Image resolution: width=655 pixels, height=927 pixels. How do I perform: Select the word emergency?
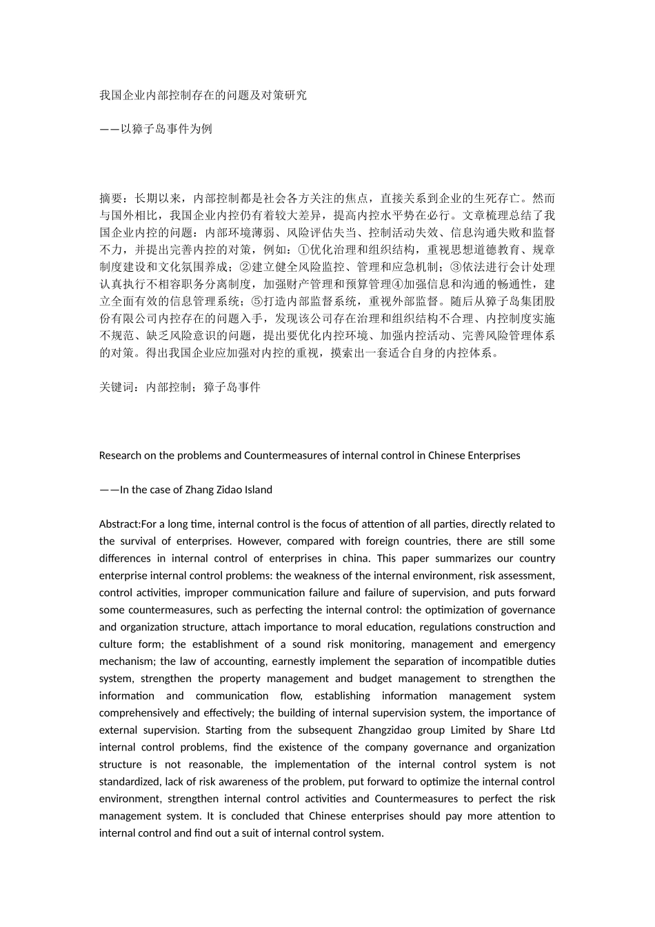tap(530, 644)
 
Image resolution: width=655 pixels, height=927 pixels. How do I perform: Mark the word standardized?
tap(131, 781)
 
